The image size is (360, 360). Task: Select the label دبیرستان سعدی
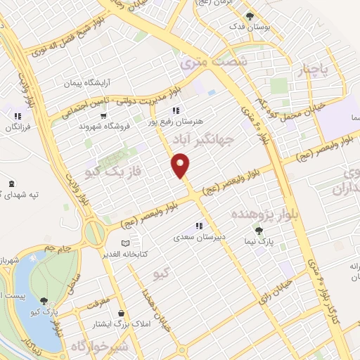pyautogui.click(x=200, y=238)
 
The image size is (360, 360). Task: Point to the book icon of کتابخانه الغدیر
pyautogui.click(x=125, y=243)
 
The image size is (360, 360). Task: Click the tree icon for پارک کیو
pyautogui.click(x=44, y=300)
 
